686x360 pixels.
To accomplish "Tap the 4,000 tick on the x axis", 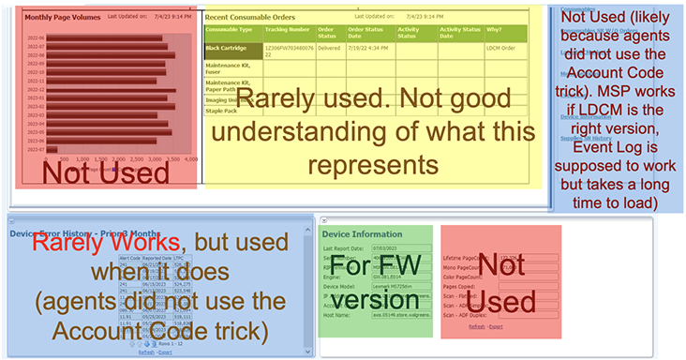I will tap(191, 160).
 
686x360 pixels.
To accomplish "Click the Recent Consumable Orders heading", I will tap(252, 17).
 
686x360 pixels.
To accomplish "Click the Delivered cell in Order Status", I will tap(329, 46).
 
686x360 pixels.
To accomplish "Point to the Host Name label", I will tap(337, 314).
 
